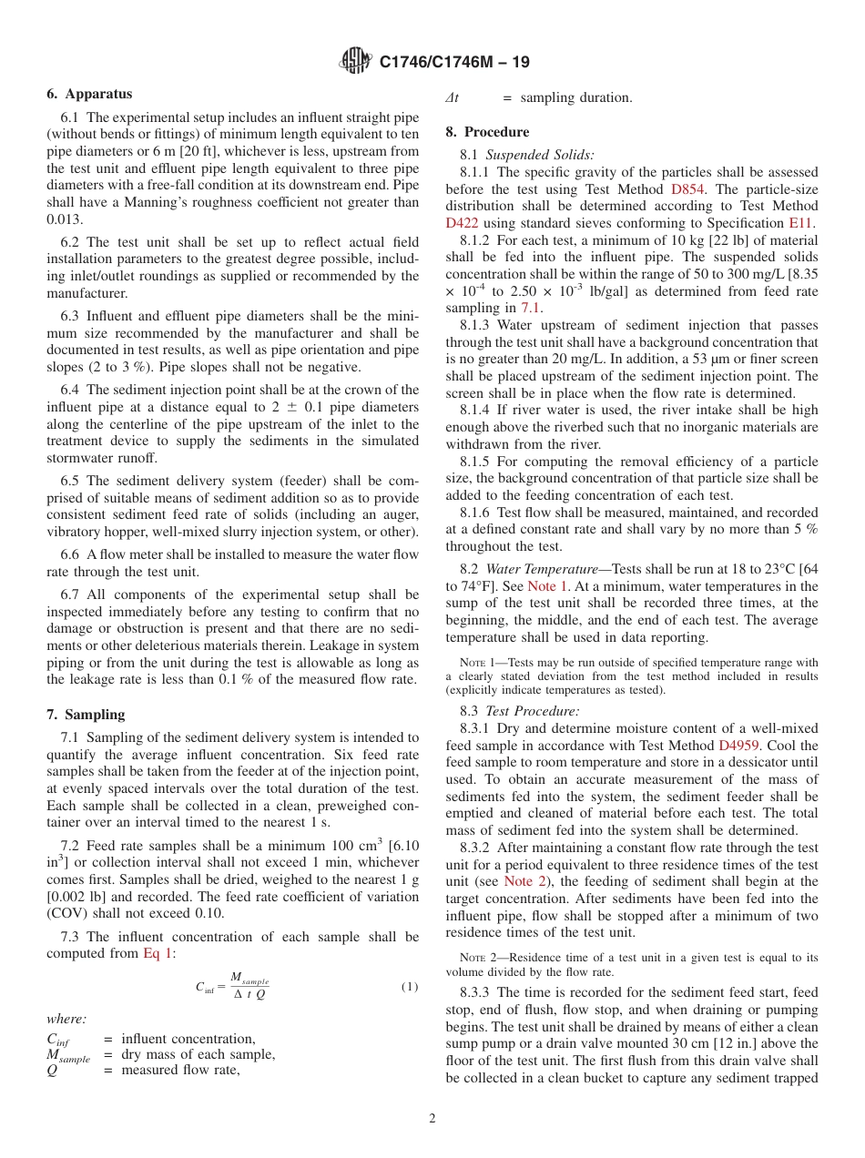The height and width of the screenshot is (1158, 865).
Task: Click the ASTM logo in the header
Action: click(x=355, y=61)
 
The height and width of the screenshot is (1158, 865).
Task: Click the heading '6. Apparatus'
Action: click(x=89, y=94)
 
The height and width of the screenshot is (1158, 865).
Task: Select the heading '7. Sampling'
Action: click(x=86, y=715)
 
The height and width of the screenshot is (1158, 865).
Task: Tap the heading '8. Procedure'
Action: click(x=487, y=132)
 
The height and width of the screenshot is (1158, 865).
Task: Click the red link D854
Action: click(x=687, y=189)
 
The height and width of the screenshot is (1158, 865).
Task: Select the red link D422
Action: click(x=462, y=223)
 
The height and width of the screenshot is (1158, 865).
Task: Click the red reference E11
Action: click(x=801, y=223)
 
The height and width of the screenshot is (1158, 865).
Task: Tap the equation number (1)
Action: click(x=410, y=987)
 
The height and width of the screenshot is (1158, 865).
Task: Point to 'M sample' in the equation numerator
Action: click(x=249, y=979)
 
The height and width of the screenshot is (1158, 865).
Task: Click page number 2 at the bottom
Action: click(x=432, y=1119)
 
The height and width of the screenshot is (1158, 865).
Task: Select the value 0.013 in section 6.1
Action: click(x=64, y=219)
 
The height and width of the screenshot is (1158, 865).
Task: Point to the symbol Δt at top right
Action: click(x=452, y=98)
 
